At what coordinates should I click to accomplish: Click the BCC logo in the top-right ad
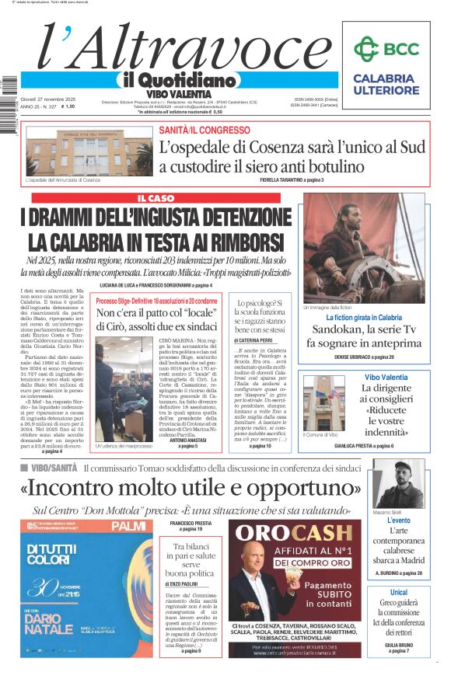(x=386, y=49)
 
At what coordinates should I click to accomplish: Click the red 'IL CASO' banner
(x=156, y=199)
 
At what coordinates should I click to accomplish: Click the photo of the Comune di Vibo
(x=323, y=403)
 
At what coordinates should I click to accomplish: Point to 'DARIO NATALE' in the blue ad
(x=51, y=622)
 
